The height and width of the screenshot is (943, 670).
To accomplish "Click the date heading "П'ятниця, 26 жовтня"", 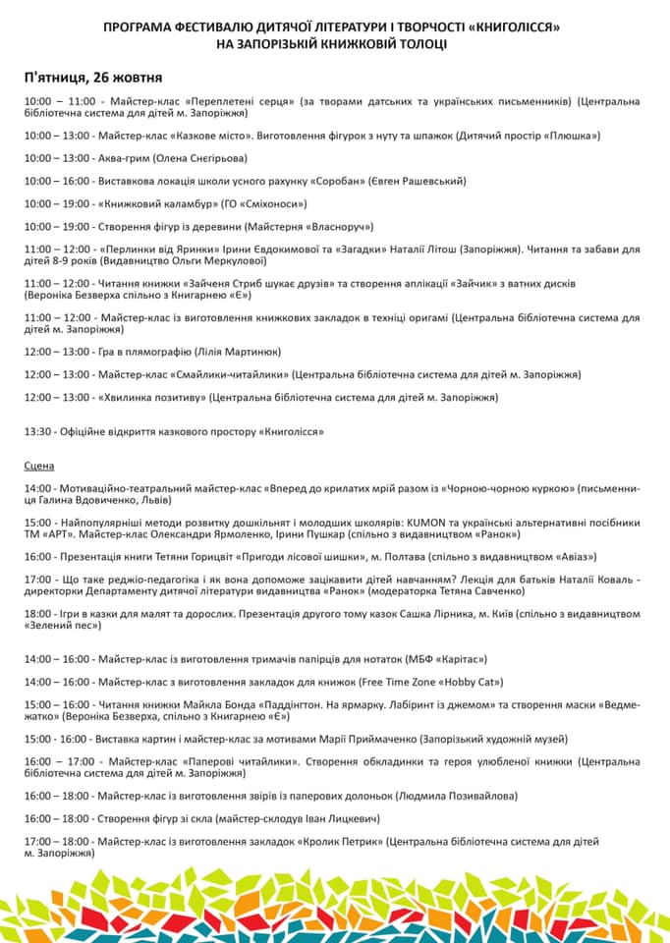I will coord(93,77).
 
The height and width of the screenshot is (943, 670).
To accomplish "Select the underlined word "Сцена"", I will coord(39,465).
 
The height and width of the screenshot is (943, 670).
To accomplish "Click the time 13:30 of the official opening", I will coord(38,431).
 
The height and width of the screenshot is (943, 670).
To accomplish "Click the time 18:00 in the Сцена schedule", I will coord(38,613).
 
